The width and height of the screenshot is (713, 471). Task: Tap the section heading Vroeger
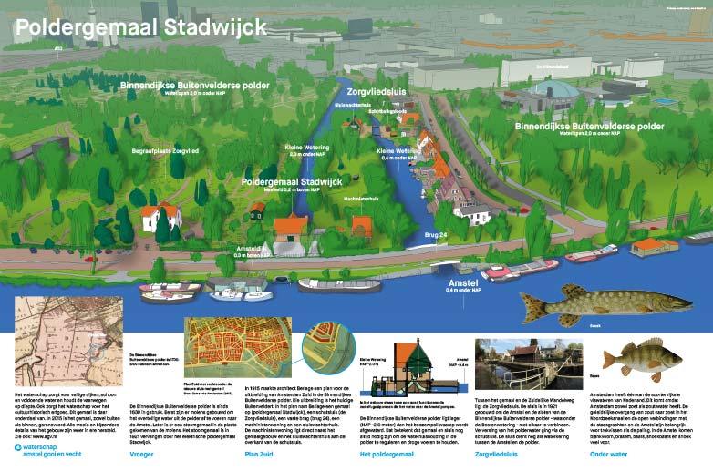[141, 452]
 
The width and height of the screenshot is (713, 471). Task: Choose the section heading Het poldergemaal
[388, 452]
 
